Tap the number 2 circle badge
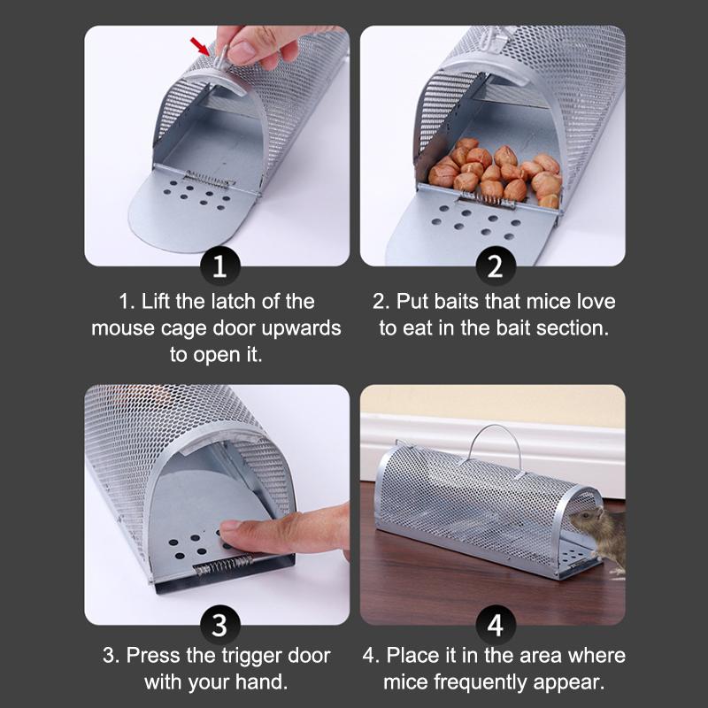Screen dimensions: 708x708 click(495, 265)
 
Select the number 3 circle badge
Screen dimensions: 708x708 click(219, 626)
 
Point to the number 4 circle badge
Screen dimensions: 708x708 click(495, 626)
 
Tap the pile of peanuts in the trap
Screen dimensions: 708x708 click(496, 173)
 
